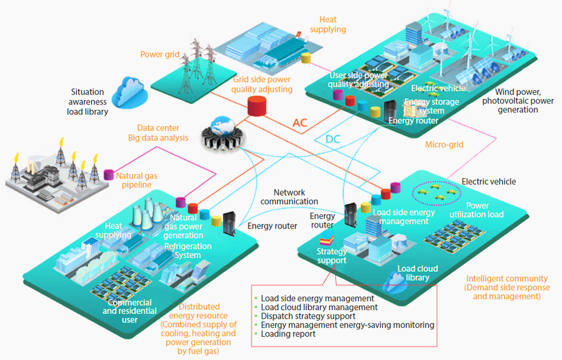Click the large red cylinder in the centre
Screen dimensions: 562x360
pos(257,106)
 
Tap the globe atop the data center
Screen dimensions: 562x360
pos(222,126)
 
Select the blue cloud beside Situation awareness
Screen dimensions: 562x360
pos(130,92)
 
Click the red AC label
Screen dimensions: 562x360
pos(300,123)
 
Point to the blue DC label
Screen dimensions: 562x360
pos(333,139)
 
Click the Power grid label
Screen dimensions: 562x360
pos(160,54)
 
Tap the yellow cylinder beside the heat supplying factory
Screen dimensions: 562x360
pos(306,58)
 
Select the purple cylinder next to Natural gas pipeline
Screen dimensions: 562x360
pos(109,175)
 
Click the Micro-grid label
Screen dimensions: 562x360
pos(444,144)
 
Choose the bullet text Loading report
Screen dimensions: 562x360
pos(288,334)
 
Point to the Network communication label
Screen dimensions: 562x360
pos(289,197)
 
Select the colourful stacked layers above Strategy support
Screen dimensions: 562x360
pos(326,240)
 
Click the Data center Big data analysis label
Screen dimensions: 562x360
pos(158,133)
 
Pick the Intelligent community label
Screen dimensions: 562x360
pos(507,287)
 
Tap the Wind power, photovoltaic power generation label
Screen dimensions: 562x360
pos(518,101)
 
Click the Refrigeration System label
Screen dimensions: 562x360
pos(188,250)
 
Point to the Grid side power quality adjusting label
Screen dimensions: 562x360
pos(261,84)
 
